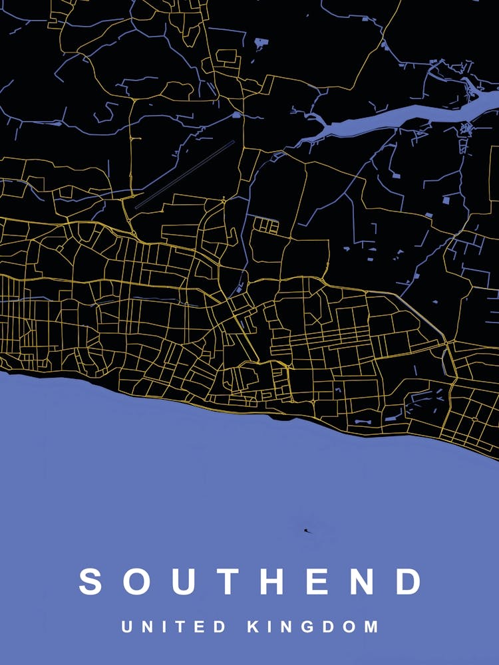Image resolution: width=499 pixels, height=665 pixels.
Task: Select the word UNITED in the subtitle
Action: [174, 626]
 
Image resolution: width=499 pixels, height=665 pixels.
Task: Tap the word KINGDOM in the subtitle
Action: [313, 626]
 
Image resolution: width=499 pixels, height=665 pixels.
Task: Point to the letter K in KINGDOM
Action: [253, 626]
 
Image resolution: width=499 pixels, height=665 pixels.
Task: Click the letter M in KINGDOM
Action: [371, 626]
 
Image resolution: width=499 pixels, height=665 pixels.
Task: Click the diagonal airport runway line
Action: [185, 174]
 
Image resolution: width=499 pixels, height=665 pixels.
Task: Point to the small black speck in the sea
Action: [305, 530]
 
